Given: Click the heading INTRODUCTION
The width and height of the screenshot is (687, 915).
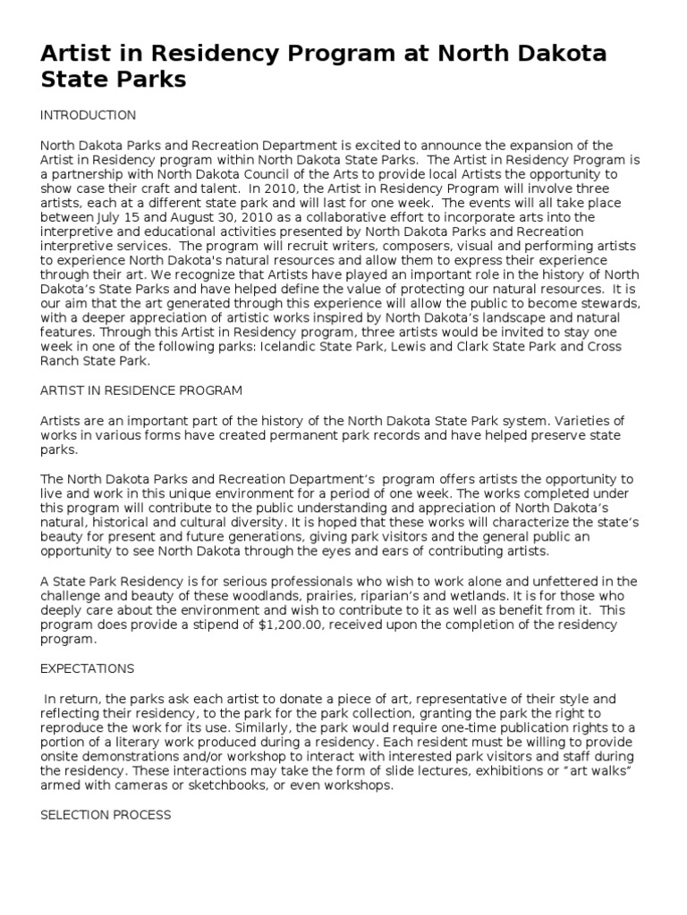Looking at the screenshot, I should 89,115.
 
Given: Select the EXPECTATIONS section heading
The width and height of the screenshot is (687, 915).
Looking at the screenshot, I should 88,668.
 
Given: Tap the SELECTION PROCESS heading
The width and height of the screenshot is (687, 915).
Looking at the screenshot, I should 106,815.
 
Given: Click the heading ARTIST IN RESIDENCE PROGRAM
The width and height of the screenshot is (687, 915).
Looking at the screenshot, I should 141,391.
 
